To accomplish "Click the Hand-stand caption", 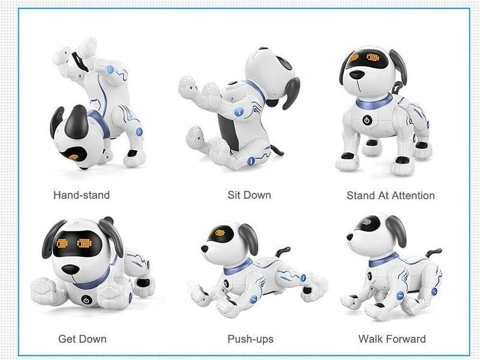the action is [x=82, y=195].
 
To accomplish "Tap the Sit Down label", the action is [x=249, y=195].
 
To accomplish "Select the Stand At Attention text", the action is [x=391, y=196].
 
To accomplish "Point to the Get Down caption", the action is [x=82, y=339].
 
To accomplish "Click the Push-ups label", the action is [x=250, y=339].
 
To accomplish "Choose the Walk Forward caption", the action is [x=392, y=339].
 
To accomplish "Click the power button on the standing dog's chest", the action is [x=367, y=120].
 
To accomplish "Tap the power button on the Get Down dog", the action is [x=86, y=300].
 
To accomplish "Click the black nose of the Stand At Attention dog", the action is [x=357, y=74].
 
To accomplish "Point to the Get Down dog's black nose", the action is [x=70, y=269].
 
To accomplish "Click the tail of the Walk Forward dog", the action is [x=433, y=253].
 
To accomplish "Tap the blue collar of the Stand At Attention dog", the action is [x=374, y=102].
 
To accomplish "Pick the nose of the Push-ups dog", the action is [x=205, y=248].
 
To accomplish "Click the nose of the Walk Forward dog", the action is [x=350, y=236].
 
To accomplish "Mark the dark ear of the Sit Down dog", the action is [x=291, y=93].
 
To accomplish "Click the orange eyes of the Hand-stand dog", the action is [x=73, y=157].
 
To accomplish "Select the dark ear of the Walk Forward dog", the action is [x=397, y=230].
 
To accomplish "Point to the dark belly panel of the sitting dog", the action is [x=229, y=131].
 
